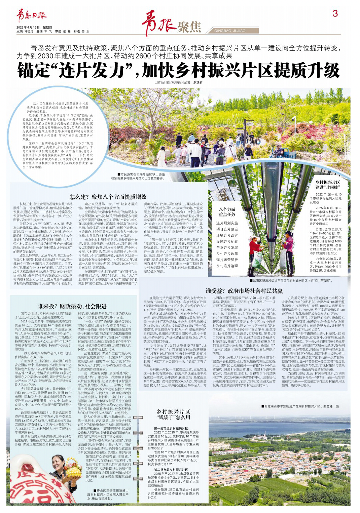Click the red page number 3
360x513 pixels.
(335, 13)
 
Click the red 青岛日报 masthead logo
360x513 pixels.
(32, 16)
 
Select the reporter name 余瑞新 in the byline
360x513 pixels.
(198, 82)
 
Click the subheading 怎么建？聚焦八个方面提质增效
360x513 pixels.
(108, 197)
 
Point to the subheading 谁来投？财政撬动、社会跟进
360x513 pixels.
(72, 306)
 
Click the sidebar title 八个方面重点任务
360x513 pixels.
(227, 211)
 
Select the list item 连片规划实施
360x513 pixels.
(227, 223)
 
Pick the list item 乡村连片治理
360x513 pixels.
(227, 266)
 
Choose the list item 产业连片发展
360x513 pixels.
(227, 247)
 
